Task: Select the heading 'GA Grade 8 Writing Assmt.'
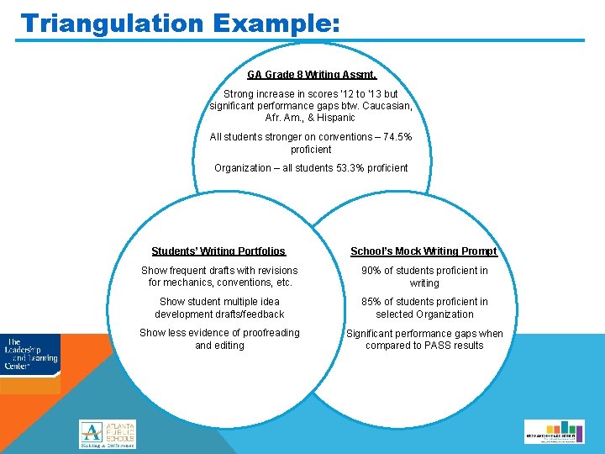click(311, 75)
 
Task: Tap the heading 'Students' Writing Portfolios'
click(218, 251)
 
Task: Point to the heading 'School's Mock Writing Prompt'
click(423, 251)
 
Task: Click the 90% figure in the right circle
click(371, 271)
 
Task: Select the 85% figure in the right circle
click(371, 302)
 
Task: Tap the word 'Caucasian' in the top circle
click(385, 106)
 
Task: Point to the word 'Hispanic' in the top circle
click(335, 118)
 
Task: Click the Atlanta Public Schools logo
click(107, 434)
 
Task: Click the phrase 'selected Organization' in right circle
click(424, 314)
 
